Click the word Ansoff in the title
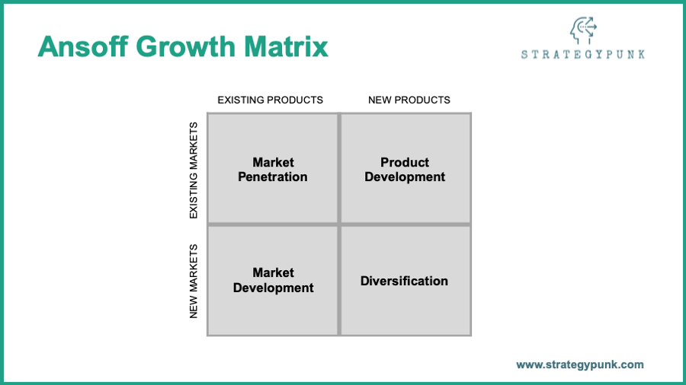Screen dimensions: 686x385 coord(83,46)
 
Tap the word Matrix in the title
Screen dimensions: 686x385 coord(286,46)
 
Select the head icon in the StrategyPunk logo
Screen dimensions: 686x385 coord(583,30)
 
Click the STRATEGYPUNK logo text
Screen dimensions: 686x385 coord(583,54)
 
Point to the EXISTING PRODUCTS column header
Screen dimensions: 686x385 coord(271,100)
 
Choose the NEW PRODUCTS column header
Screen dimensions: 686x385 coord(409,100)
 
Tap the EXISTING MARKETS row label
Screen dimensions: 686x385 coord(194,170)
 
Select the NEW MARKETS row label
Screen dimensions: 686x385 coord(194,281)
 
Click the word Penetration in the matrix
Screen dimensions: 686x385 coord(273,177)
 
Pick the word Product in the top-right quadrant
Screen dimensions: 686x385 coord(405,162)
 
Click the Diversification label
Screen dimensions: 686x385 coord(404,281)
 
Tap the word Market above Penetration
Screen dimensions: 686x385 coord(274,162)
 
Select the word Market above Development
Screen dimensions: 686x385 coord(274,273)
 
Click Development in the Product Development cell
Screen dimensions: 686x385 coord(405,177)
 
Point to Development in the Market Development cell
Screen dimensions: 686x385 coord(274,288)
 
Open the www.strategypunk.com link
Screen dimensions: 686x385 coord(580,364)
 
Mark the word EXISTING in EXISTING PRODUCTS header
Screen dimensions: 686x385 coord(241,100)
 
